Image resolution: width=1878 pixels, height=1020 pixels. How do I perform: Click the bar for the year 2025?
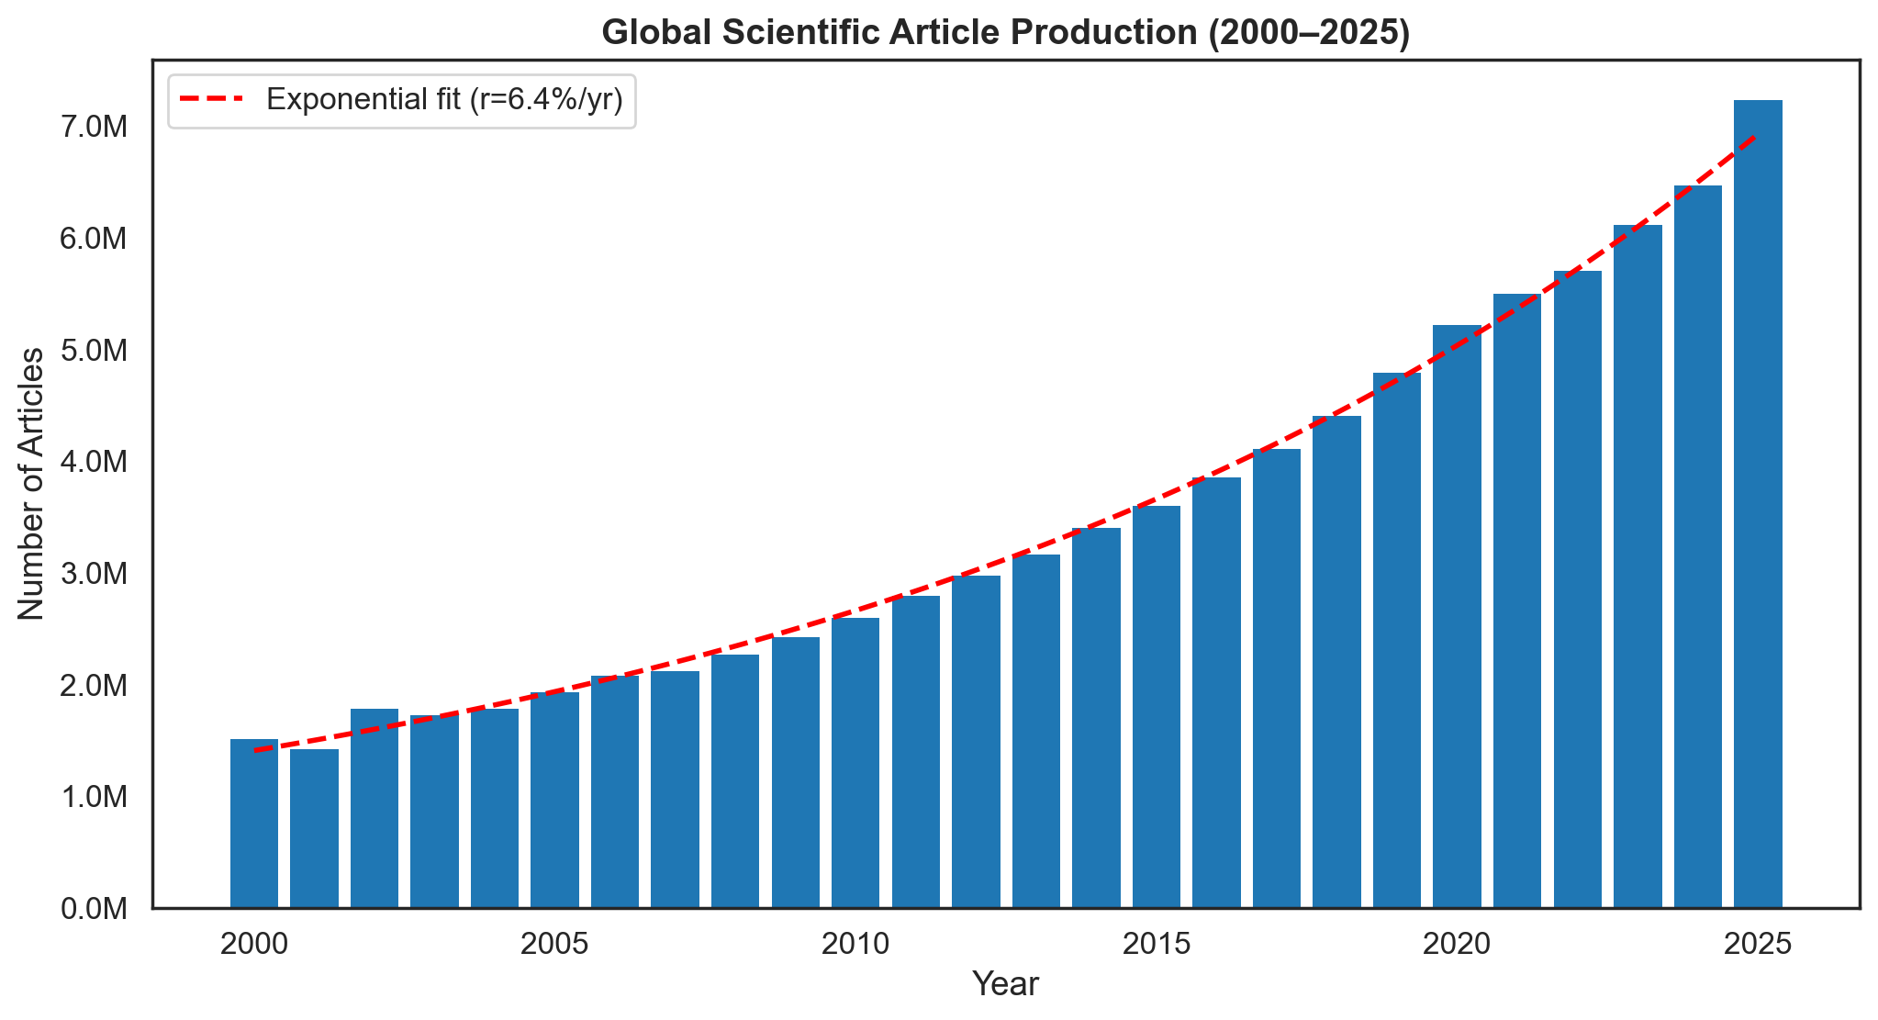coord(1758,505)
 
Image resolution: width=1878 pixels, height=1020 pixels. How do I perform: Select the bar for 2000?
coord(254,824)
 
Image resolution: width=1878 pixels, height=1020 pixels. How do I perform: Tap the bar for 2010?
coord(855,763)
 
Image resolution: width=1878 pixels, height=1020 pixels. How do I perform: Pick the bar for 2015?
coord(1157,707)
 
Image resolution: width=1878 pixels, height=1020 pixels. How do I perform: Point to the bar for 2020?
coord(1457,616)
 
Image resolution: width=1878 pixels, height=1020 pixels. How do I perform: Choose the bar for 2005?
coord(554,800)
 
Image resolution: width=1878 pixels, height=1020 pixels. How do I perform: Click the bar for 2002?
coord(374,808)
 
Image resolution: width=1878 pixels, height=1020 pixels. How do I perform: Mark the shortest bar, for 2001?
coord(314,828)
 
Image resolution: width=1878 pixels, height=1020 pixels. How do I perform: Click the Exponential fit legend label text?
coord(444,100)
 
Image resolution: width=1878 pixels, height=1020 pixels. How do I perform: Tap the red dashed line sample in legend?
coord(212,100)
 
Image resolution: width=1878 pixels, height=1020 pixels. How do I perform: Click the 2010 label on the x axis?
coord(855,944)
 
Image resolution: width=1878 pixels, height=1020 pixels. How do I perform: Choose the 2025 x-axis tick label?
coord(1758,944)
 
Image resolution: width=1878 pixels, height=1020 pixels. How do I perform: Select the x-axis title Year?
coord(1005,984)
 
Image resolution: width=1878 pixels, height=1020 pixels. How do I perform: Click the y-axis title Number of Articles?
coord(31,484)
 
